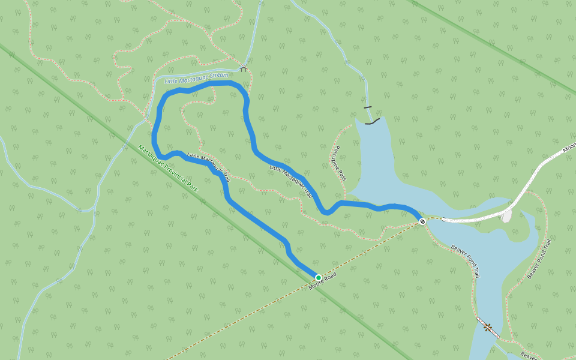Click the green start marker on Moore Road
coord(318,277)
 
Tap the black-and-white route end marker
coord(422,221)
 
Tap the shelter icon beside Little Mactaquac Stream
coord(244,69)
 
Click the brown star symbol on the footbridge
coord(488,328)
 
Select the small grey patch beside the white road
coord(507,215)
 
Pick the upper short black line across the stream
coord(367,107)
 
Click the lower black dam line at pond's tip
coord(372,122)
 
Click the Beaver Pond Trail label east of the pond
coord(539,259)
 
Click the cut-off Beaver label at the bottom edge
coord(529,356)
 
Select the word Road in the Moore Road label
coord(329,277)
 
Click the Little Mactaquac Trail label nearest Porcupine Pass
coord(291,181)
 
